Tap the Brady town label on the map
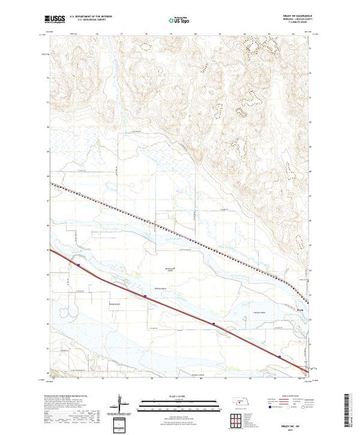point(299,309)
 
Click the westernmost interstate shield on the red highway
point(79,264)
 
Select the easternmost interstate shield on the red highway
point(279,356)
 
